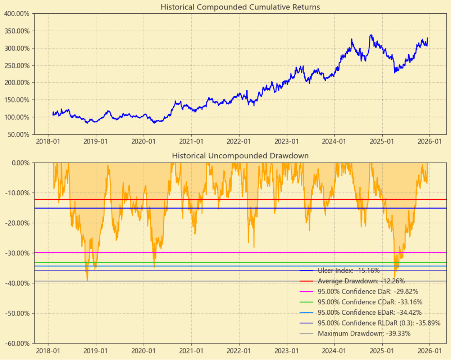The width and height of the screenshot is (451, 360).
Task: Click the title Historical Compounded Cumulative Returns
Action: tap(240, 7)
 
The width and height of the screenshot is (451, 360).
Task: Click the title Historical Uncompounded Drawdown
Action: tap(240, 156)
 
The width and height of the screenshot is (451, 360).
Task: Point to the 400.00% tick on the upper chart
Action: tap(17, 14)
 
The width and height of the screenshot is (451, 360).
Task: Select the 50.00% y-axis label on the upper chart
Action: tap(18, 134)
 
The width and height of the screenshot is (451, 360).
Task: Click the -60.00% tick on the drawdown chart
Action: tap(17, 343)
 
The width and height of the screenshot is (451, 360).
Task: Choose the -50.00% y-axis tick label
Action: tap(17, 313)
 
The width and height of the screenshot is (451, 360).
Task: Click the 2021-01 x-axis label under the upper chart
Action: tap(192, 141)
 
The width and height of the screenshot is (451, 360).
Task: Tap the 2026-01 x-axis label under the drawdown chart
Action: tap(430, 350)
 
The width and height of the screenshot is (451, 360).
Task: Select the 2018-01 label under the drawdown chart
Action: tap(48, 350)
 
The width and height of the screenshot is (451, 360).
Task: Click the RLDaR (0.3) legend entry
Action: tap(379, 323)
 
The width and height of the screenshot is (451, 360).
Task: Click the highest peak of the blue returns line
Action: tap(371, 35)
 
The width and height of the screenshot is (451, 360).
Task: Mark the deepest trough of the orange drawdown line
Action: tap(87, 281)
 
